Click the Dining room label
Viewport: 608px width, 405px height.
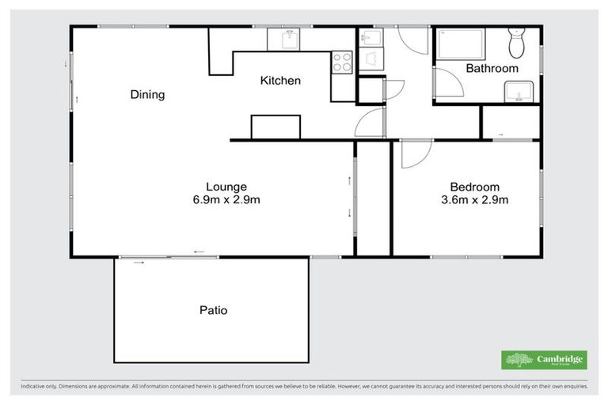(x=147, y=95)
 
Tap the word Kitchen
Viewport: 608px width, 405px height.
(x=280, y=81)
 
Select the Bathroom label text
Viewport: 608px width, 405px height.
(x=492, y=69)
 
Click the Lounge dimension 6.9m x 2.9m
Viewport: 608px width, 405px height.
(x=226, y=200)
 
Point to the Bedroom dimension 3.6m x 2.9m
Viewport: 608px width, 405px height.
(x=475, y=200)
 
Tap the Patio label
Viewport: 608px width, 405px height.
(x=213, y=310)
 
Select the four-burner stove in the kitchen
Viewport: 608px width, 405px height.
(x=342, y=62)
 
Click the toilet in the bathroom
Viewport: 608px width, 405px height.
(x=518, y=44)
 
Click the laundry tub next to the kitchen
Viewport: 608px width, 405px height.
(x=369, y=37)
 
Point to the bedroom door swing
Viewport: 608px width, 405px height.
(x=415, y=153)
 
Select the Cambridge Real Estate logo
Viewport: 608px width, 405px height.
(x=544, y=360)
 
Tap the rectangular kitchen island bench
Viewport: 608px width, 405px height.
(x=275, y=127)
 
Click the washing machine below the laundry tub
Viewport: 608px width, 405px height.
(x=370, y=59)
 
